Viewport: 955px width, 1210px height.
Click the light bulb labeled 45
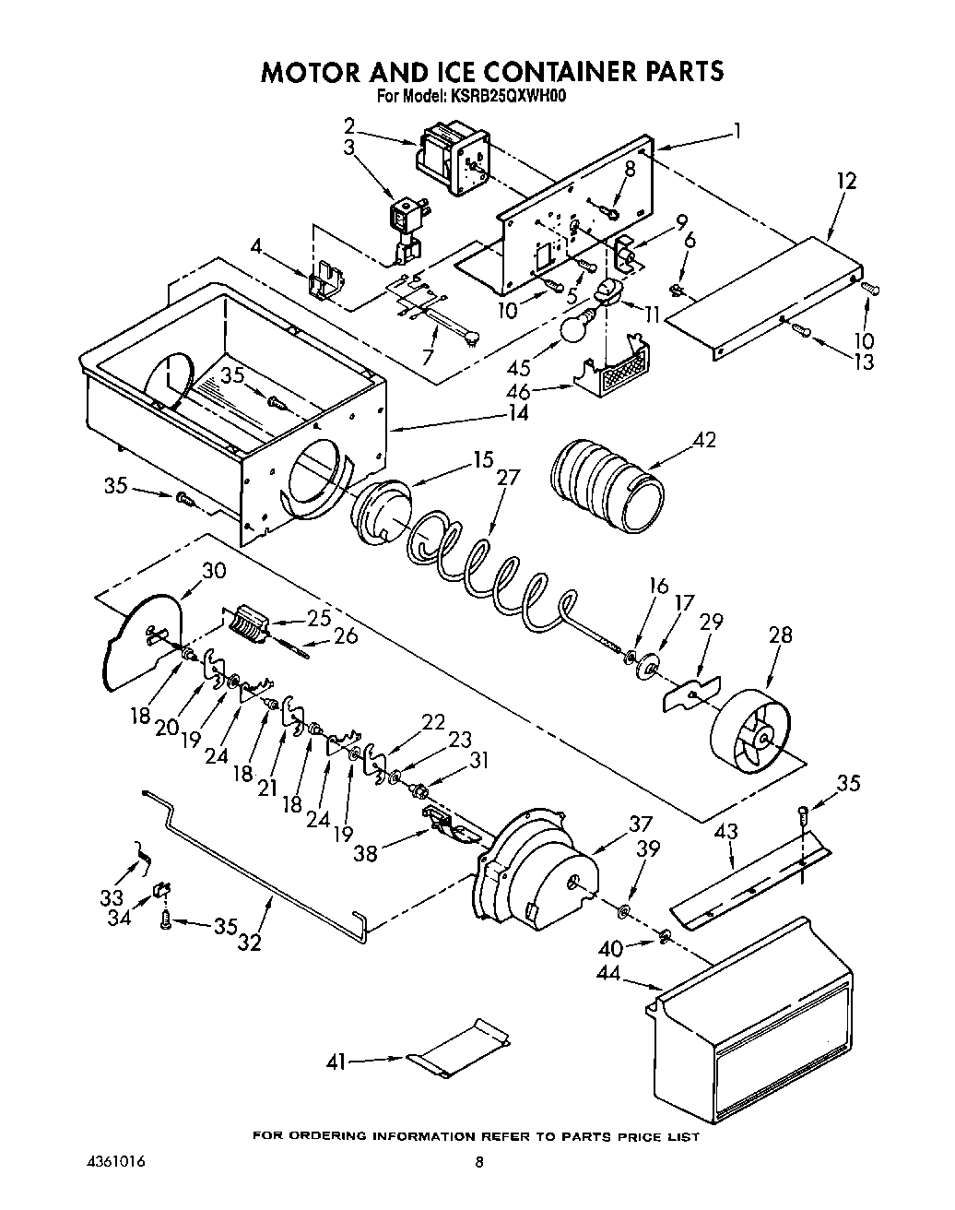[578, 326]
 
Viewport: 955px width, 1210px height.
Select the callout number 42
[706, 439]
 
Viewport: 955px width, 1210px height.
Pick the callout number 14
[518, 413]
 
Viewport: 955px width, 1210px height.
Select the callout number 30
[213, 570]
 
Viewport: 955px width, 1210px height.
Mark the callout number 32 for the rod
[250, 942]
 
